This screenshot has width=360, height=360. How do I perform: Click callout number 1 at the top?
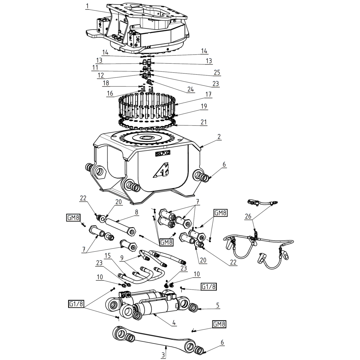[x=87, y=6]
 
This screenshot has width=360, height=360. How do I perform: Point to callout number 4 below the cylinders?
[x=174, y=323]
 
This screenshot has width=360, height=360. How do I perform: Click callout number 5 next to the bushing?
[x=218, y=305]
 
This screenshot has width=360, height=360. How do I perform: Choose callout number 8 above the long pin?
[x=136, y=212]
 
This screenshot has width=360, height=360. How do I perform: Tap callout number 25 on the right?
[x=217, y=72]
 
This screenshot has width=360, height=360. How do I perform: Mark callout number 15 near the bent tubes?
[x=108, y=255]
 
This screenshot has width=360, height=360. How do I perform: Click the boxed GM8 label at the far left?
[x=73, y=217]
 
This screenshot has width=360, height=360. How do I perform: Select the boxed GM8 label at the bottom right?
[x=219, y=324]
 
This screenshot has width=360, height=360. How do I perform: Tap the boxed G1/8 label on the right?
[x=208, y=286]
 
